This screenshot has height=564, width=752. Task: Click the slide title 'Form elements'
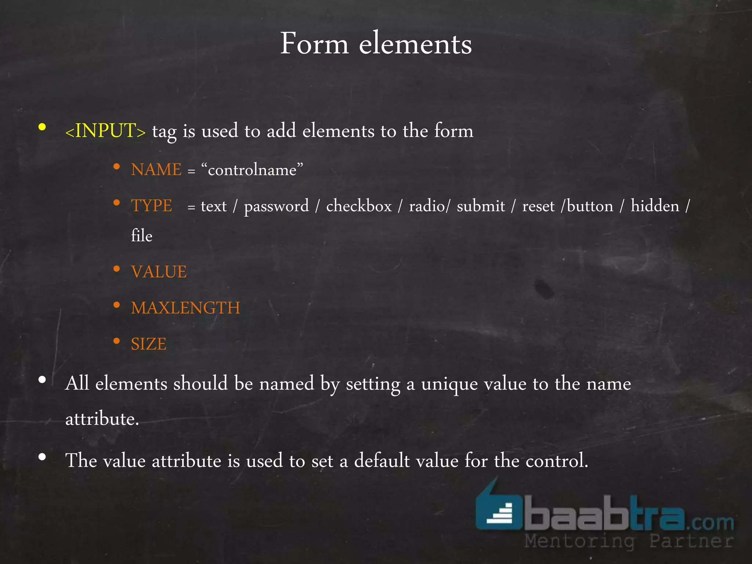376,44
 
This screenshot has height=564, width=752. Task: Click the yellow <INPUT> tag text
105,131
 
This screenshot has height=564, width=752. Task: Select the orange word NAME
156,170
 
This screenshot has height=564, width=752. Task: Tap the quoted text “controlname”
252,170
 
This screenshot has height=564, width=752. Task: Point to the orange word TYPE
151,206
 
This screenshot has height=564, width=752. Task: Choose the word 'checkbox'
359,206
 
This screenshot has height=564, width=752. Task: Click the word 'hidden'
655,206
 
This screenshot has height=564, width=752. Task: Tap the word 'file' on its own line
142,236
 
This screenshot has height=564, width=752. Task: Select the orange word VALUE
159,272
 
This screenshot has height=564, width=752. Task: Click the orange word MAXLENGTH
185,308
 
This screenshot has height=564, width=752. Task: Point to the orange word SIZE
149,344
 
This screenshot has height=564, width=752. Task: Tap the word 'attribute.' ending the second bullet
102,419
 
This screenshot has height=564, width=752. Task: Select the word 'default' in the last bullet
382,460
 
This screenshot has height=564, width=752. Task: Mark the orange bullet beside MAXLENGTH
117,305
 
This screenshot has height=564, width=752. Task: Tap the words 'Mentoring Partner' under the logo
629,541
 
